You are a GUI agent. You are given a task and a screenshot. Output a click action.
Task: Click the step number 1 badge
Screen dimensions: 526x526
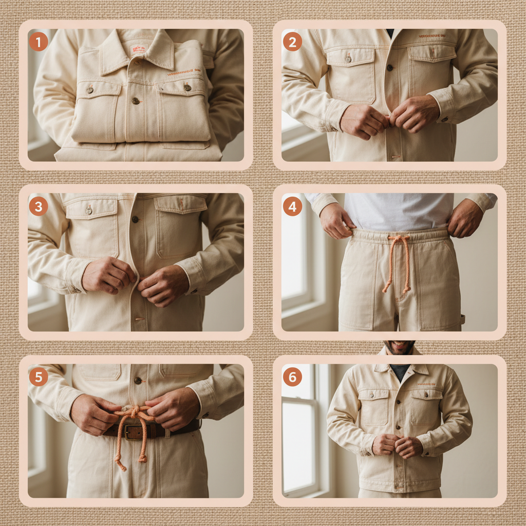pyautogui.click(x=38, y=42)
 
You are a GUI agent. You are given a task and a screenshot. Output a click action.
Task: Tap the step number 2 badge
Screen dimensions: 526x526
pyautogui.click(x=292, y=42)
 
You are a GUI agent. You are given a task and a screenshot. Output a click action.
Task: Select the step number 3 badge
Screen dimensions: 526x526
pyautogui.click(x=38, y=206)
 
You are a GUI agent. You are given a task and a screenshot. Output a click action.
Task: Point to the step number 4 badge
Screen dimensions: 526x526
pyautogui.click(x=292, y=206)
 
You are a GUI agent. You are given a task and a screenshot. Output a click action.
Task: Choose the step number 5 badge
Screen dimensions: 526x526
pyautogui.click(x=38, y=377)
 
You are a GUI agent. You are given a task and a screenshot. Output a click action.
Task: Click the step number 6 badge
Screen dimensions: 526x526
pyautogui.click(x=292, y=377)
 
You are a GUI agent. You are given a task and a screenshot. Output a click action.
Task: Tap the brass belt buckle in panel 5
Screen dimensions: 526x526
pyautogui.click(x=135, y=431)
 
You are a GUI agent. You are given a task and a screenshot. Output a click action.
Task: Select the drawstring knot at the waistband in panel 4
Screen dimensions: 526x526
pyautogui.click(x=399, y=239)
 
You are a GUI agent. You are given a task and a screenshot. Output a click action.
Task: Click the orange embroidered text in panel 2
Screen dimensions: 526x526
pyautogui.click(x=431, y=36)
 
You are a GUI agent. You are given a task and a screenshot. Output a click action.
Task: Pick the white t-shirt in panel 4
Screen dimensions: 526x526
pyautogui.click(x=398, y=211)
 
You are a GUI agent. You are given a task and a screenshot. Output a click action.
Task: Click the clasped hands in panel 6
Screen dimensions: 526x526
pyautogui.click(x=398, y=445)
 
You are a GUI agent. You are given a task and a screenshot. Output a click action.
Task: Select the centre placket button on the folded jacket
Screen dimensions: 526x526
pyautogui.click(x=136, y=101)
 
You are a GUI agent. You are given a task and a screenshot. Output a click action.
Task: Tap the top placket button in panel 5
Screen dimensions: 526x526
pyautogui.click(x=137, y=381)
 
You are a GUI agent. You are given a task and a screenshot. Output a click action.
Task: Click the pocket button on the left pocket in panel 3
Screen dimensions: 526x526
pyautogui.click(x=88, y=210)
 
